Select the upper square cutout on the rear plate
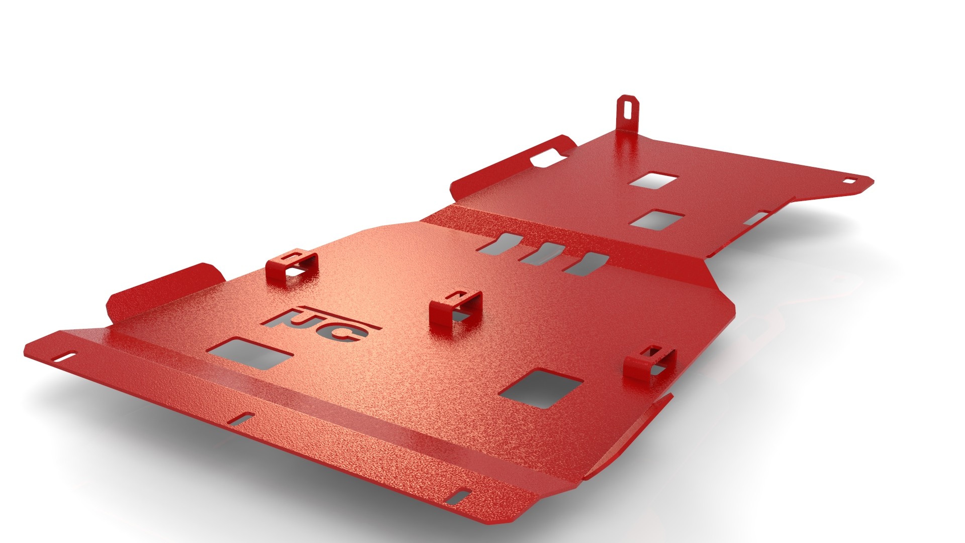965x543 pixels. coord(654,180)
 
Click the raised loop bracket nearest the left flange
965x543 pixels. coord(292,269)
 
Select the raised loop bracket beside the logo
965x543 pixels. coord(455,311)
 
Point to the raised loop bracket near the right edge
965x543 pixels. coord(649,363)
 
